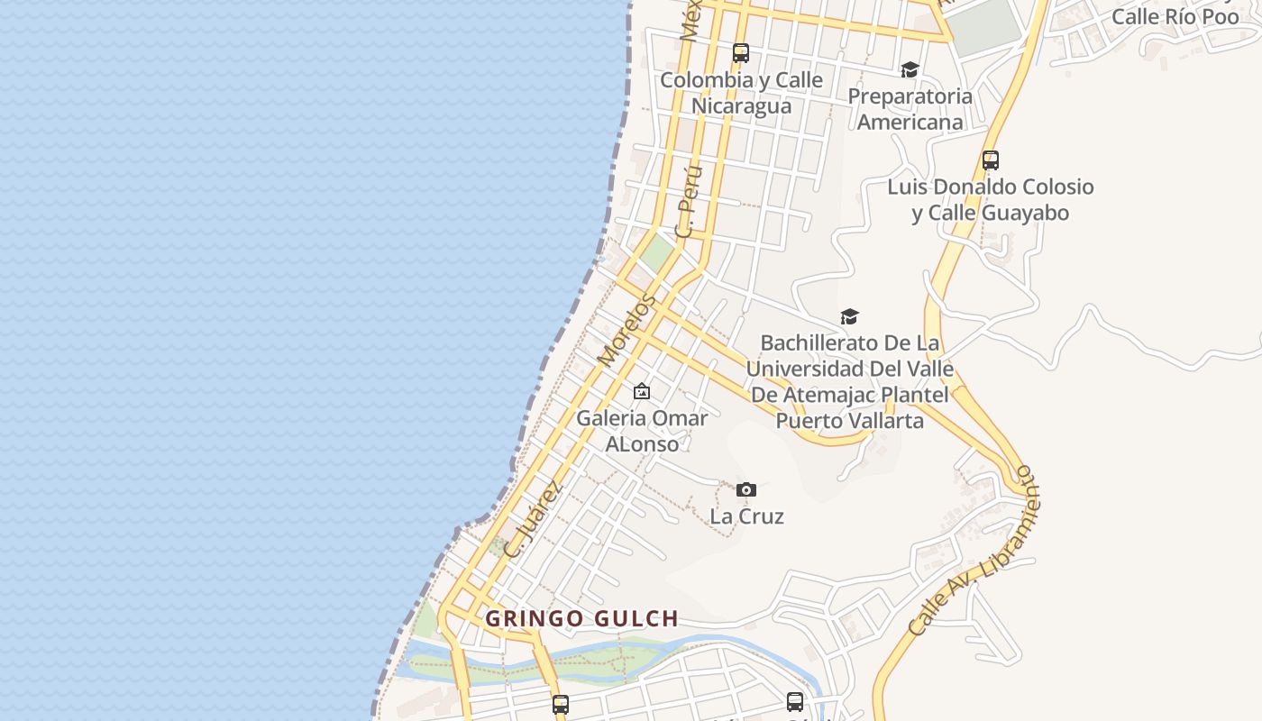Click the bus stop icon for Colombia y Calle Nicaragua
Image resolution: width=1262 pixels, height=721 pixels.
coord(741,53)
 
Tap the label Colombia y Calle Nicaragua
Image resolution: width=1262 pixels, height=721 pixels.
coord(741,93)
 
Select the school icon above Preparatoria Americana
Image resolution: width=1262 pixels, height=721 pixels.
coord(910,69)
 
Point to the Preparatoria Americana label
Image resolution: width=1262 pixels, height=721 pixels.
coord(910,109)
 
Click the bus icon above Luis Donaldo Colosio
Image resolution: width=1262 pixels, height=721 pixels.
coord(991,160)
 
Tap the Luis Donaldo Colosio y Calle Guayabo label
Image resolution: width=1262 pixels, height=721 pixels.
coord(990,200)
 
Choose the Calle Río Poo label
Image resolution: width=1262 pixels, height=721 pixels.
coord(1175,16)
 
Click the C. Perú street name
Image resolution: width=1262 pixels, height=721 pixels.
coord(689,202)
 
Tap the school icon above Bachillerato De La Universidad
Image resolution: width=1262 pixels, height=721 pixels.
coord(849,316)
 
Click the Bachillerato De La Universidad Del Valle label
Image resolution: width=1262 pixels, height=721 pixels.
coord(849,381)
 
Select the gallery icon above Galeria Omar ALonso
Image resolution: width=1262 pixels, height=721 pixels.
coord(642,391)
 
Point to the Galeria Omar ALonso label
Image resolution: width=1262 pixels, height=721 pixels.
coord(642,431)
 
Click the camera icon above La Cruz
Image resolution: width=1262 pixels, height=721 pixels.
coord(745,489)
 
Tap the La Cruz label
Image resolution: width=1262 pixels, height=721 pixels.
coord(746,516)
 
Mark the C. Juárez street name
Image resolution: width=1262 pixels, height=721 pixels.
coord(533,520)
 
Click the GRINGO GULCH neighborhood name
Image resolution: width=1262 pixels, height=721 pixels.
coord(581,619)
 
